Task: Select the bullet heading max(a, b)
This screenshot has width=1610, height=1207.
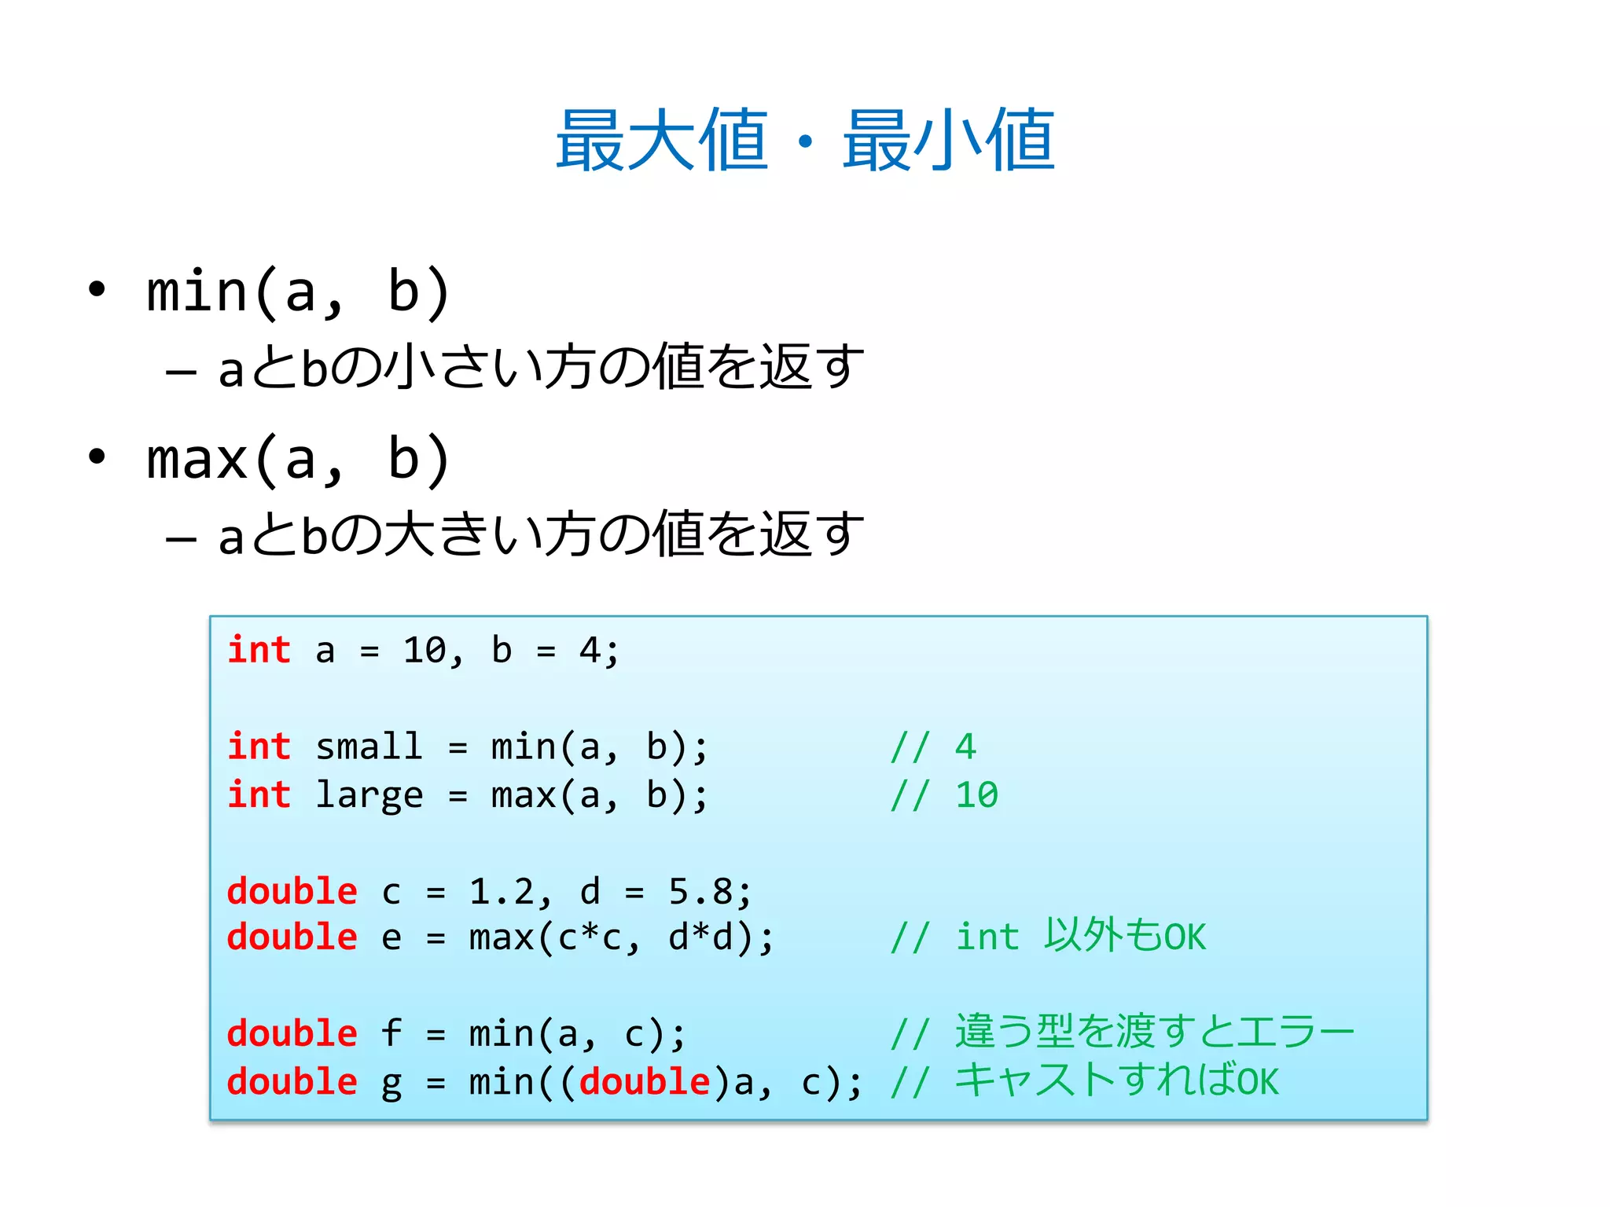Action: pyautogui.click(x=298, y=460)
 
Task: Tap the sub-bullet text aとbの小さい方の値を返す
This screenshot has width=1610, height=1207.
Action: pyautogui.click(x=541, y=368)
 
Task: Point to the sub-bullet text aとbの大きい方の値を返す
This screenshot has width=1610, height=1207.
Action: pyautogui.click(x=541, y=534)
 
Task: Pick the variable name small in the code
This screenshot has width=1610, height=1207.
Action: pyautogui.click(x=369, y=747)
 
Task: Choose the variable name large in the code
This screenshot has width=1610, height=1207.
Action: pyautogui.click(x=369, y=795)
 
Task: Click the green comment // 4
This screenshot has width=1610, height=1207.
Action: pyautogui.click(x=933, y=747)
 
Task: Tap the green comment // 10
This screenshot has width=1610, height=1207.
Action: pyautogui.click(x=944, y=795)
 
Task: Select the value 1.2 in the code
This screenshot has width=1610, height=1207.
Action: pyautogui.click(x=502, y=892)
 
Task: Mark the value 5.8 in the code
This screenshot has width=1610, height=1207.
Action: pyautogui.click(x=700, y=892)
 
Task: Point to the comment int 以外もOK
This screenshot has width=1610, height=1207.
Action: pyautogui.click(x=1080, y=937)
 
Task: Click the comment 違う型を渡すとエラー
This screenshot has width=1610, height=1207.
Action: pyautogui.click(x=1154, y=1033)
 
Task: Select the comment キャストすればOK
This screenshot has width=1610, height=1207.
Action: pyautogui.click(x=1116, y=1081)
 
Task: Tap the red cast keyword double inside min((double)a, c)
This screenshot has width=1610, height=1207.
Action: pyautogui.click(x=645, y=1082)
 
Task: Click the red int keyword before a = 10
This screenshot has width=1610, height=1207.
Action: pyautogui.click(x=259, y=651)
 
